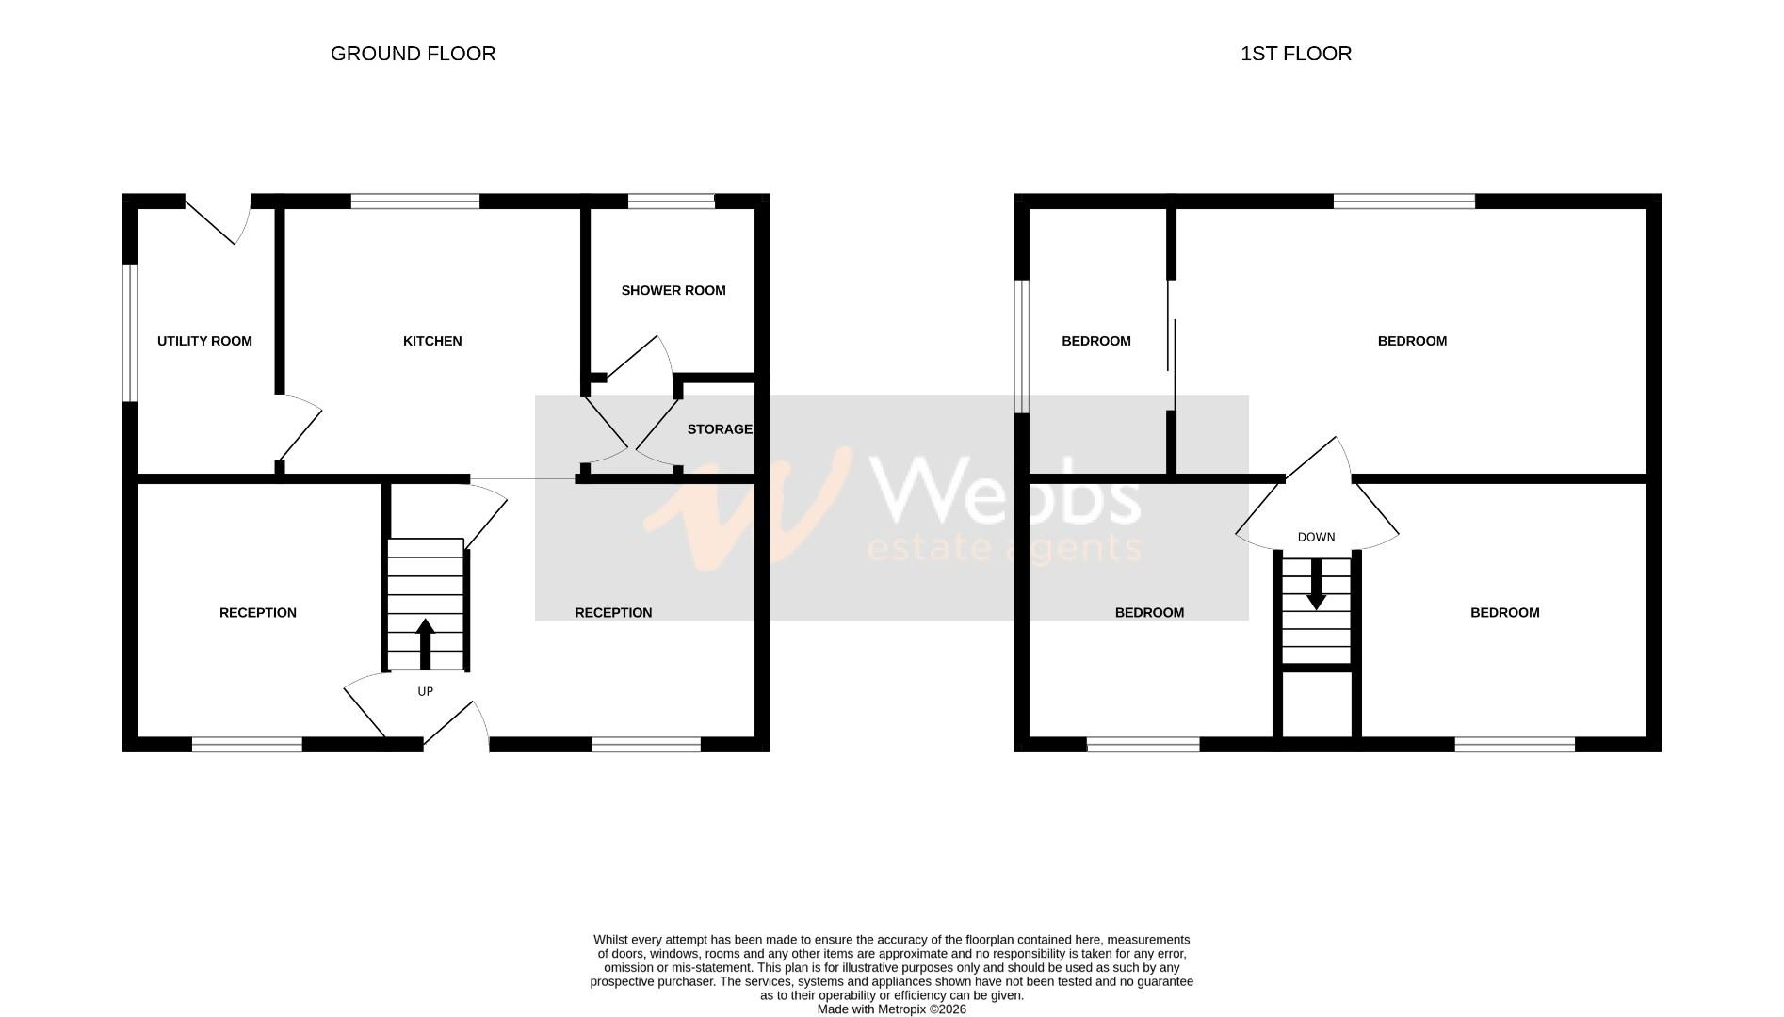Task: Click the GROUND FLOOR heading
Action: pos(413,54)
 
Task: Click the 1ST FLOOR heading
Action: pos(1295,54)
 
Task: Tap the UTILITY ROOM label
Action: pos(204,341)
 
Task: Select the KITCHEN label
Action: pos(432,341)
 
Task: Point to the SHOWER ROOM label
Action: pos(673,290)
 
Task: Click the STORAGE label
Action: pos(720,429)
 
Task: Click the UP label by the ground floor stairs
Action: pos(425,691)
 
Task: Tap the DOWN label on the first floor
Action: pos(1316,537)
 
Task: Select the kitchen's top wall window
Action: pos(414,201)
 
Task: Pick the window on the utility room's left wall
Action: pos(131,332)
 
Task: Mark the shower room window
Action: pos(671,201)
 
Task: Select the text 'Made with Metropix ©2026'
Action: pos(891,1009)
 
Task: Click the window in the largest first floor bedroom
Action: pos(1403,201)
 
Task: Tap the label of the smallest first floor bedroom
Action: pos(1095,341)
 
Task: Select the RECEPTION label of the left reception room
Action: pos(257,613)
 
